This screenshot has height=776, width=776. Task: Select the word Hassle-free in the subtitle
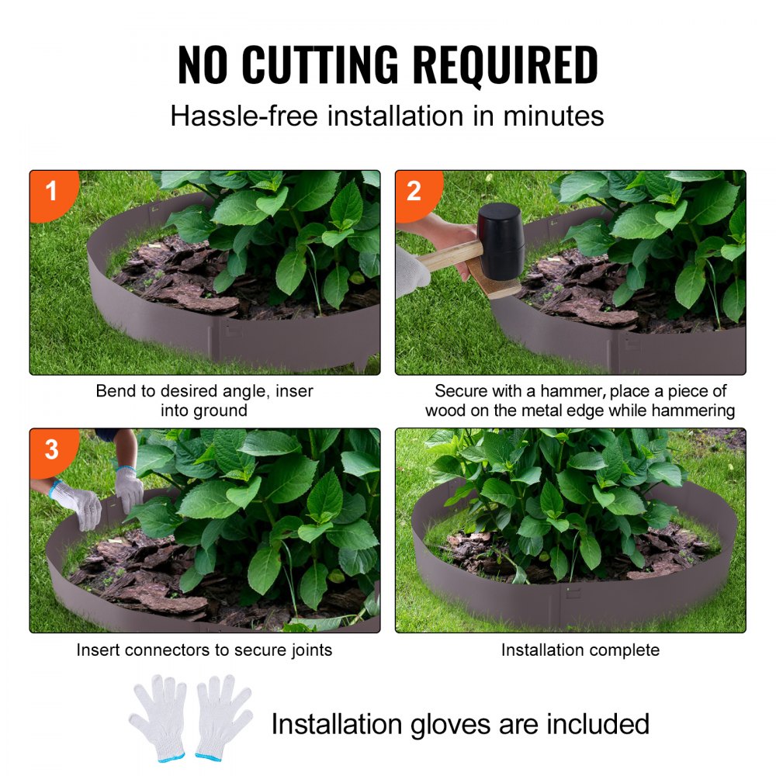point(244,116)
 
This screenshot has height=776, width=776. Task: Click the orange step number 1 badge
point(52,190)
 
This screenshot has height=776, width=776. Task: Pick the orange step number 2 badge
point(414,190)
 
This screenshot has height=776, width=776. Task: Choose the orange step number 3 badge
point(51,449)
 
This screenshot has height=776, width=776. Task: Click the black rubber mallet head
point(501,241)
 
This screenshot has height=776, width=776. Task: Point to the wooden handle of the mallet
point(450,255)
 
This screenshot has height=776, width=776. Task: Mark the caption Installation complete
point(580,650)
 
